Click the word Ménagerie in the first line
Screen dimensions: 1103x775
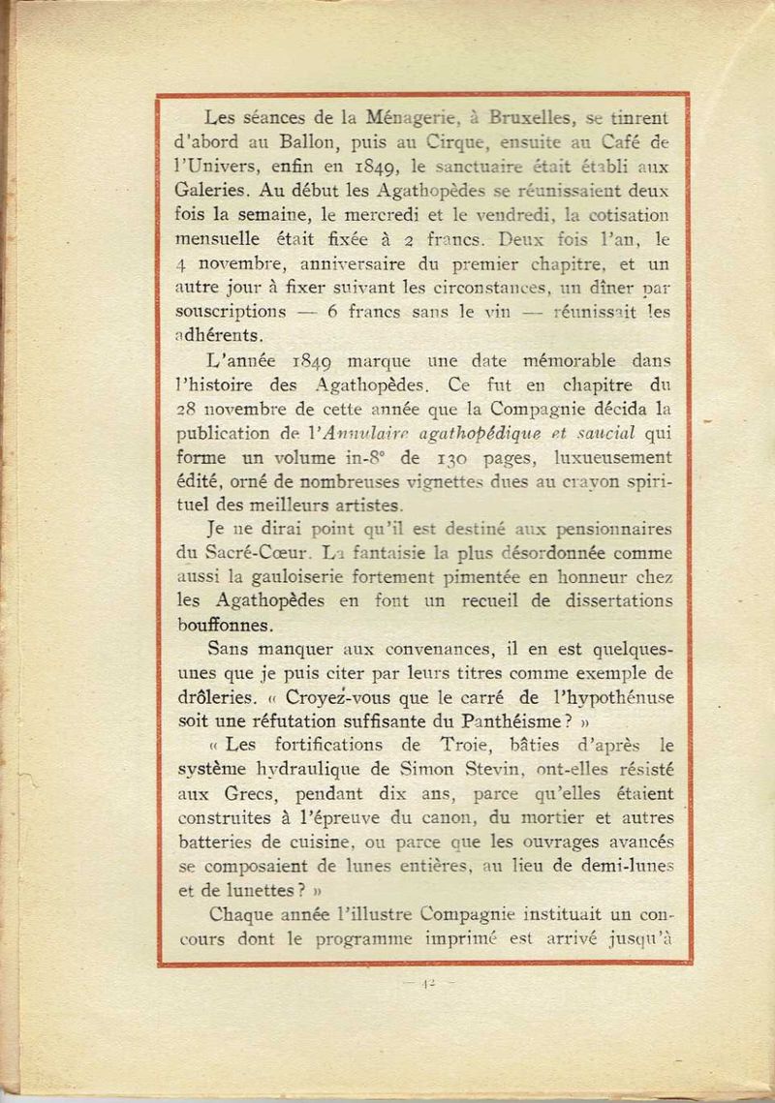click(414, 118)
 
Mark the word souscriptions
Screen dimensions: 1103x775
click(232, 312)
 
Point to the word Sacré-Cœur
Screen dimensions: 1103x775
click(263, 552)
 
